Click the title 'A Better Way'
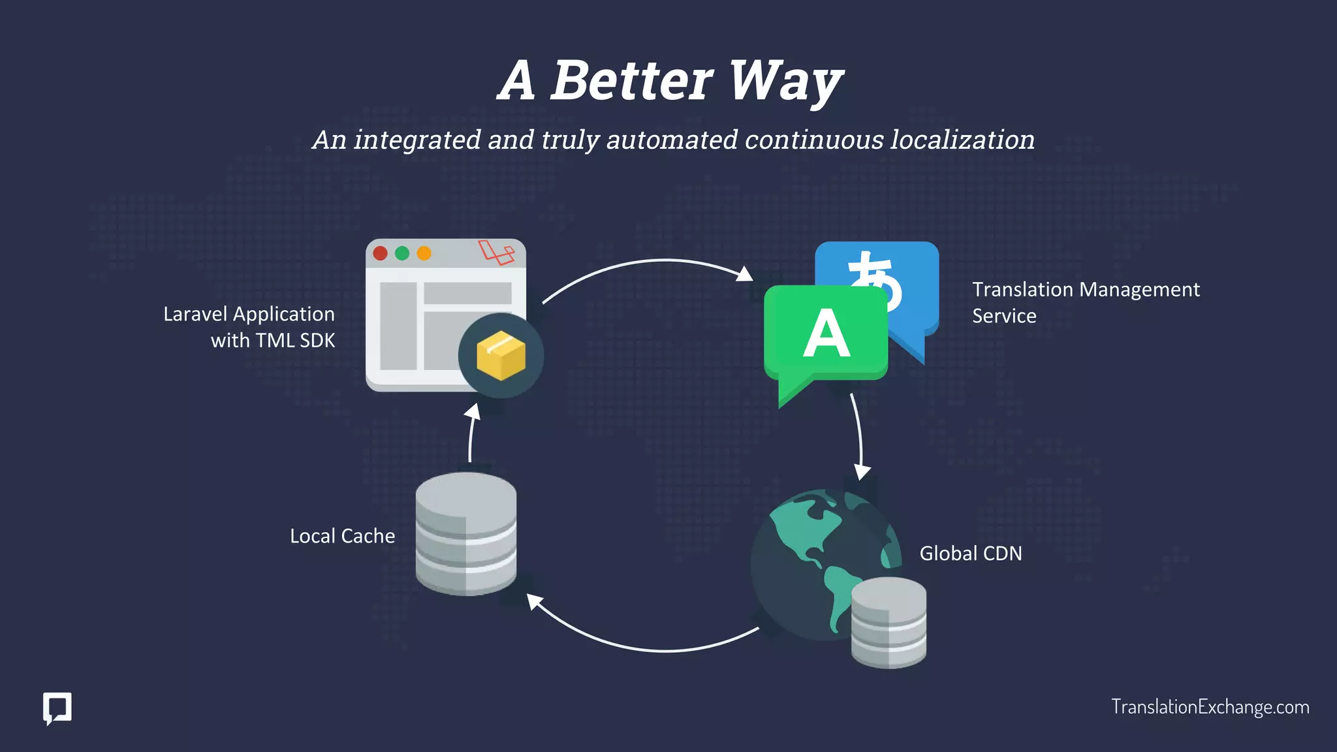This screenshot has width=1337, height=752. pyautogui.click(x=670, y=81)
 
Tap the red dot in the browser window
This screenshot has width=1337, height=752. pyautogui.click(x=380, y=253)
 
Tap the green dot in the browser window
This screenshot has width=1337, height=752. pyautogui.click(x=402, y=253)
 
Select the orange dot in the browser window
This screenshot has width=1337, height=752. pyautogui.click(x=424, y=253)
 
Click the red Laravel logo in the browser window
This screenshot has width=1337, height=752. pyautogui.click(x=496, y=252)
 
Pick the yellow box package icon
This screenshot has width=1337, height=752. pyautogui.click(x=501, y=356)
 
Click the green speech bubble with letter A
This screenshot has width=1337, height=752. pyautogui.click(x=825, y=333)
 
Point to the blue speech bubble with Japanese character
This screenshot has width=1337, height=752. pyautogui.click(x=907, y=274)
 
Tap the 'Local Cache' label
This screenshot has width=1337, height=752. pyautogui.click(x=342, y=537)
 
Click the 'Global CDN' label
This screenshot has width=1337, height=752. pyautogui.click(x=971, y=554)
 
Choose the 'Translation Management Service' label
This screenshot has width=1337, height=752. pyautogui.click(x=1085, y=302)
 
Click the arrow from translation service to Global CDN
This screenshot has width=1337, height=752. pyautogui.click(x=860, y=437)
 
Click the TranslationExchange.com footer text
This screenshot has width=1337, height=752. pyautogui.click(x=1210, y=707)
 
